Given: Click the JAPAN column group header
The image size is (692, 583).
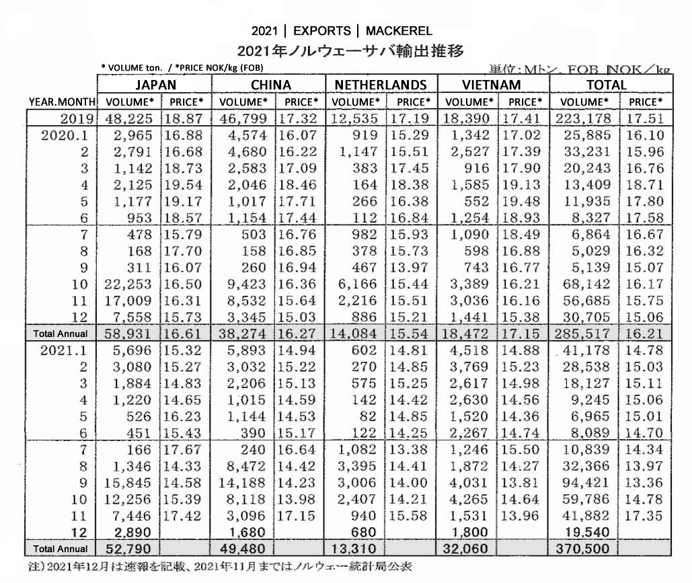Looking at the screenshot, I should pos(155,85).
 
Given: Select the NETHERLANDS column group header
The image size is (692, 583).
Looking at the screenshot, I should pos(381,85).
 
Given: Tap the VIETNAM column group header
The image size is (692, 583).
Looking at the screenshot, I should pos(492,85).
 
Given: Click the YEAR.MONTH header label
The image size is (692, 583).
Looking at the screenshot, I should pos(63,102).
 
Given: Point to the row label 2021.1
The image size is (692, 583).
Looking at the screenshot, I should pos(67,350).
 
